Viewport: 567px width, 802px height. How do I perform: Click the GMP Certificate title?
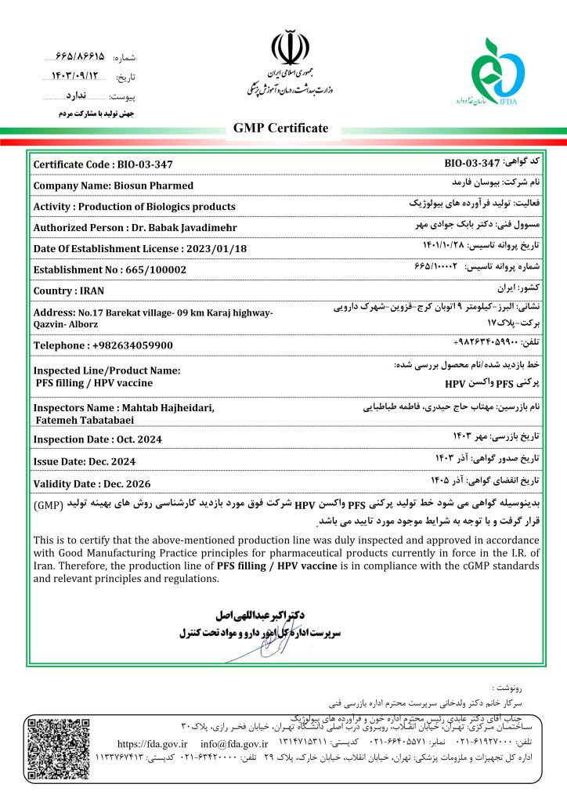[281, 128]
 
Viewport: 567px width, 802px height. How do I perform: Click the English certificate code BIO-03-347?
[143, 164]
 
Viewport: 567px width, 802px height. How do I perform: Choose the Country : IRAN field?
[69, 291]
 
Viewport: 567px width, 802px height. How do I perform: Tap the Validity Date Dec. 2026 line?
[92, 483]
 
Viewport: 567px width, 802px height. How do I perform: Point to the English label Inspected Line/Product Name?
[107, 370]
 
